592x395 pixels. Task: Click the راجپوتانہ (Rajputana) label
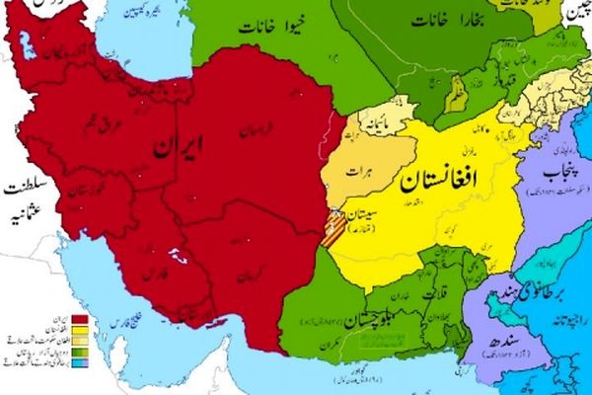coord(571,318)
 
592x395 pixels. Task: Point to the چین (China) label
coord(577,12)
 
